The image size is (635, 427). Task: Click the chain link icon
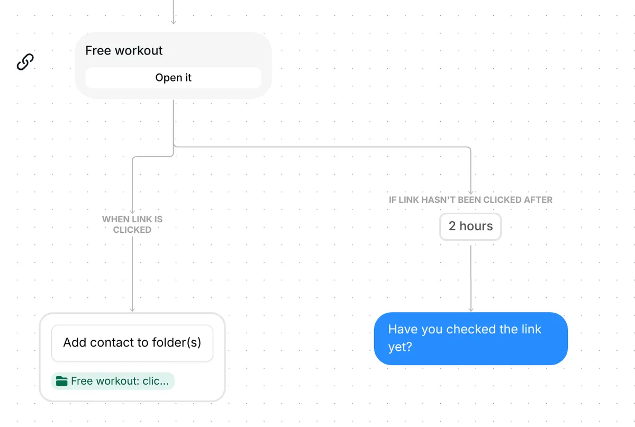pos(25,61)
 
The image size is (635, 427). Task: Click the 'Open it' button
pos(173,78)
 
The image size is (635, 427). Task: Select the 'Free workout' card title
pos(124,50)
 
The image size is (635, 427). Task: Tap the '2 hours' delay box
pos(470,226)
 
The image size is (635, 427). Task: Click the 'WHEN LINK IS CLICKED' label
pos(132,224)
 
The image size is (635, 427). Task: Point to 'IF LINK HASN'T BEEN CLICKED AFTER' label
pos(470,200)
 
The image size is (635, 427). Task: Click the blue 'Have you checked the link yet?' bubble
pos(470,339)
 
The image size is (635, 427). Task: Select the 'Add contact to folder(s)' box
pos(132,343)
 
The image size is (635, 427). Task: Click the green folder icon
pos(61,381)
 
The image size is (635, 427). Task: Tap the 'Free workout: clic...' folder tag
pos(113,381)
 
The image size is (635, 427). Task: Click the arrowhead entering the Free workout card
pos(174,22)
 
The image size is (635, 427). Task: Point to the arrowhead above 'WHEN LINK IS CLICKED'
pos(132,212)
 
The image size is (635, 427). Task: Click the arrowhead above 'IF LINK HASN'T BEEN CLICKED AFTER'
pos(470,192)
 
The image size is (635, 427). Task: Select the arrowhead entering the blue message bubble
pos(471,310)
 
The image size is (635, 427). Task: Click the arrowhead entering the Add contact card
pos(132,310)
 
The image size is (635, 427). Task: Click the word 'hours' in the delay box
pos(476,226)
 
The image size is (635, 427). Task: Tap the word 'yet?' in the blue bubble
pos(400,347)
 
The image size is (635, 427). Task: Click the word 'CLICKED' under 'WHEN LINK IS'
pos(132,230)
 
